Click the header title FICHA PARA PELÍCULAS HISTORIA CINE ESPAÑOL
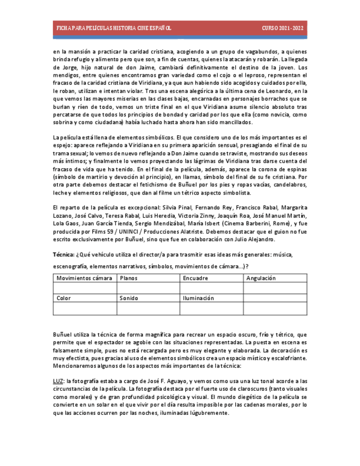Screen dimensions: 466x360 114,28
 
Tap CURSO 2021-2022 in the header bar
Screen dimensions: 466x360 282,28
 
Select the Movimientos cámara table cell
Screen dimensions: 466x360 84,278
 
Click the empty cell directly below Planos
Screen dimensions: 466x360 148,288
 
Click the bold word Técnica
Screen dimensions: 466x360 63,255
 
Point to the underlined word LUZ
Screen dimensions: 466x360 58,381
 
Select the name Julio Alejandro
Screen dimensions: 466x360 256,239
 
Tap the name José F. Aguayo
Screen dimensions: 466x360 169,381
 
